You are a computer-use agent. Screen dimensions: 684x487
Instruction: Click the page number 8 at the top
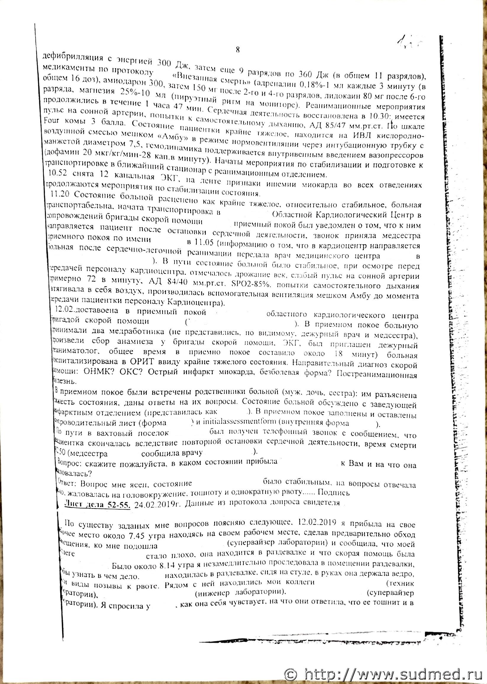point(238,50)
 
